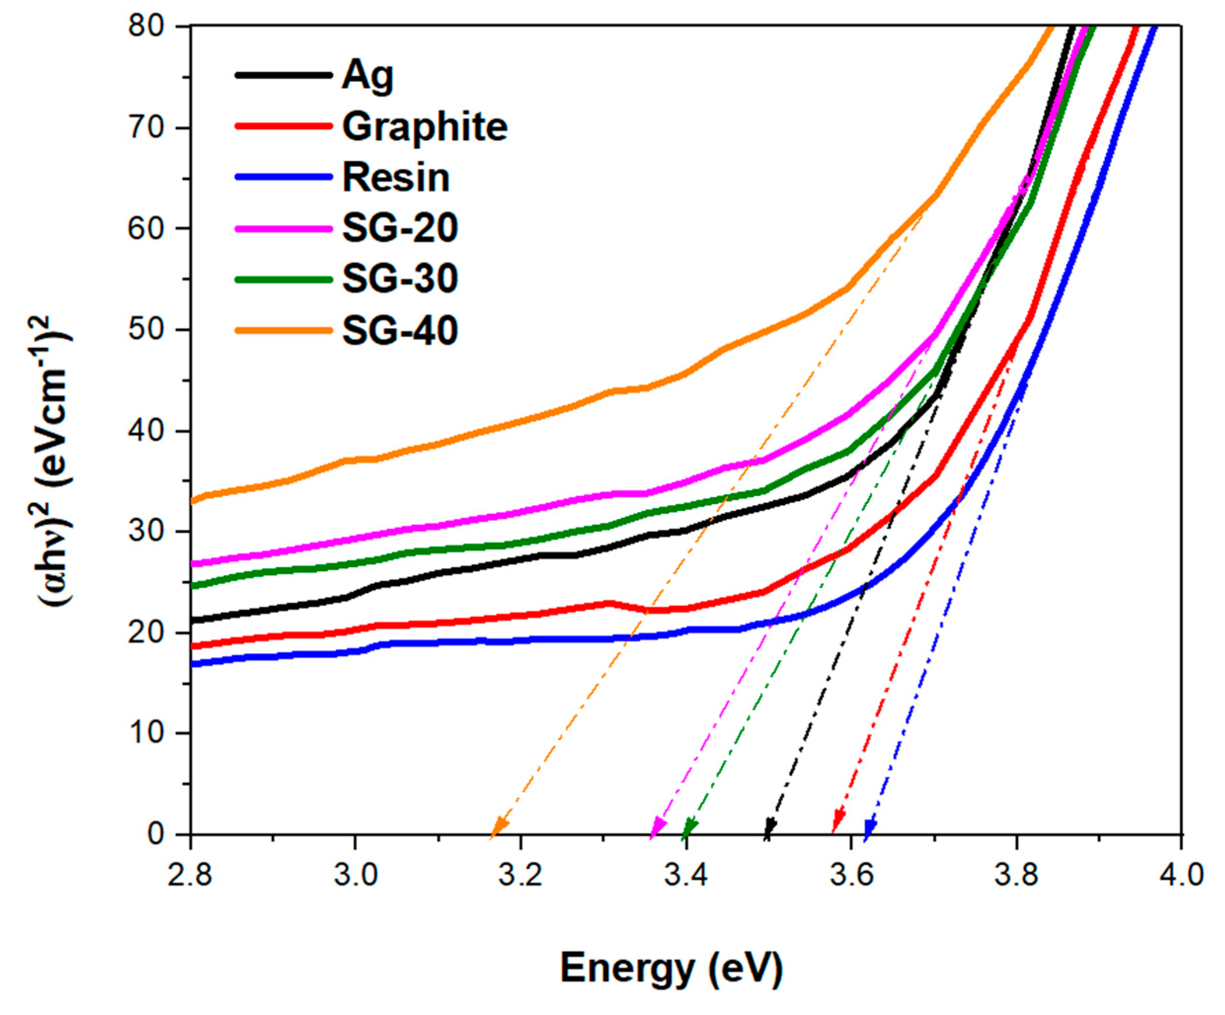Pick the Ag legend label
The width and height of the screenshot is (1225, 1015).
point(368,76)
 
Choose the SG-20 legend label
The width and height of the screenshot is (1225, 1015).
point(400,228)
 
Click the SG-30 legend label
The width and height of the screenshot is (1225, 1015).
point(400,279)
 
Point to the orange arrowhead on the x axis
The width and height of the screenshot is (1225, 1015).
point(499,828)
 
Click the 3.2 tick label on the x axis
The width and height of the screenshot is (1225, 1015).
point(520,877)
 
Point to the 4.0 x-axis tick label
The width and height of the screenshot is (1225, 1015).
point(1181,877)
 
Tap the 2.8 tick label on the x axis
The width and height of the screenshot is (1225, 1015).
point(190,877)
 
